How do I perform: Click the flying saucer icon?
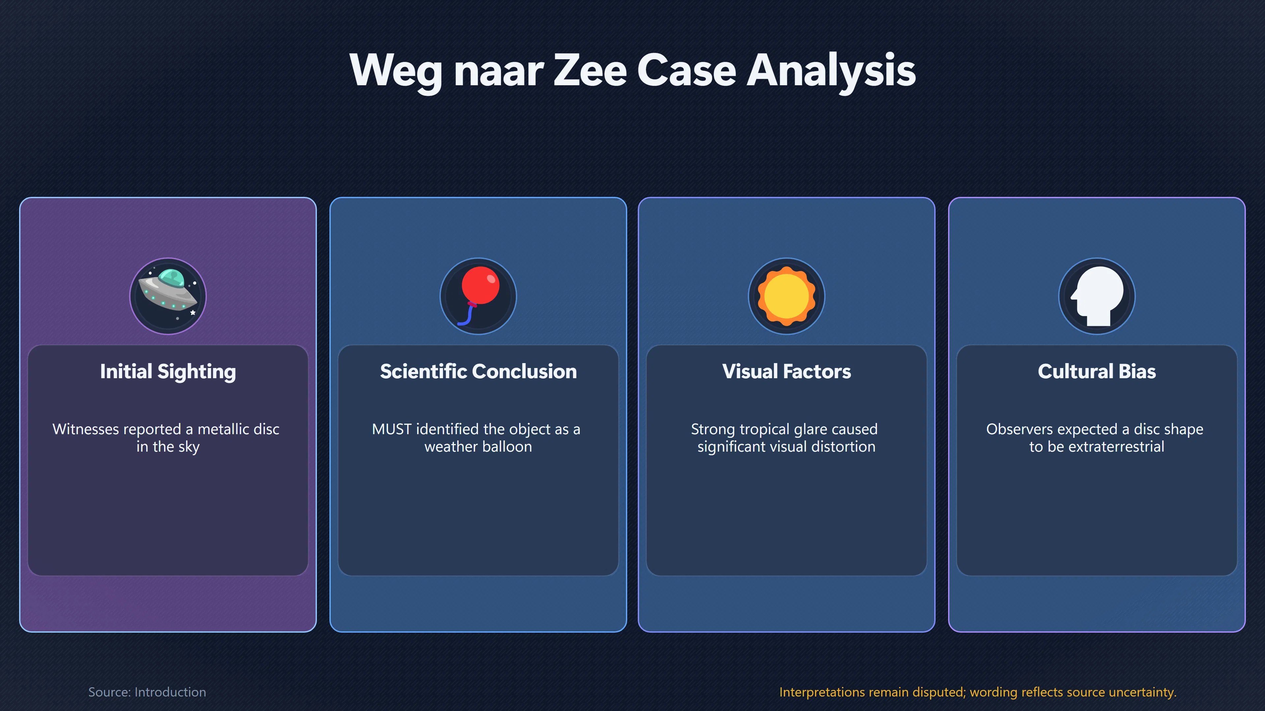pyautogui.click(x=168, y=296)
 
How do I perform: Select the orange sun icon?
pyautogui.click(x=787, y=296)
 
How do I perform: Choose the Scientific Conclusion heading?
pyautogui.click(x=478, y=371)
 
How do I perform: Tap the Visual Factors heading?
pyautogui.click(x=787, y=371)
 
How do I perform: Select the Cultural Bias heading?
pyautogui.click(x=1097, y=371)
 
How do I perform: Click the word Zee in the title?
pyautogui.click(x=591, y=70)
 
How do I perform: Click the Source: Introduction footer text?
pyautogui.click(x=147, y=692)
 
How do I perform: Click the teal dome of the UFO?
pyautogui.click(x=171, y=278)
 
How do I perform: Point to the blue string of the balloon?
pyautogui.click(x=465, y=315)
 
